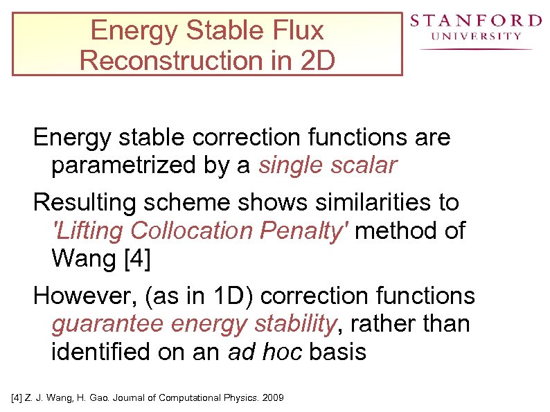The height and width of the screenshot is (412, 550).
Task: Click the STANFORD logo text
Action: [x=474, y=21]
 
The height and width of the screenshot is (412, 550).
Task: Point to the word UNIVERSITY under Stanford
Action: [x=476, y=36]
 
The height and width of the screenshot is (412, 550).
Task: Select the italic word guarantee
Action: [x=108, y=323]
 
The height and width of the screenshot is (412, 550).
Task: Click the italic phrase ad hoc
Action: [x=265, y=352]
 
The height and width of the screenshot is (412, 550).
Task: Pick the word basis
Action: [x=337, y=352]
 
